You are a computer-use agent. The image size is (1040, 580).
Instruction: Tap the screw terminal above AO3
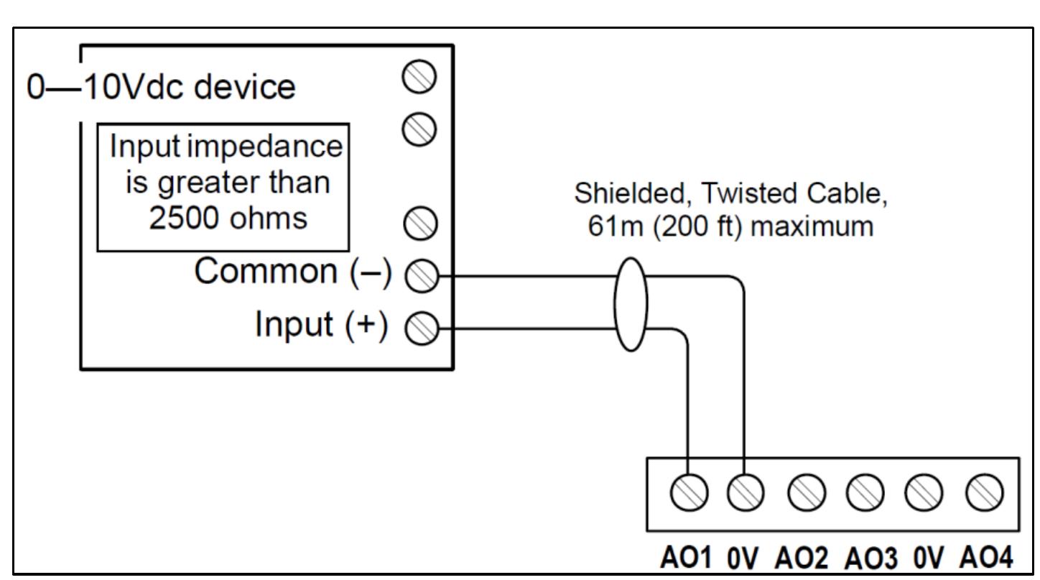863,492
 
